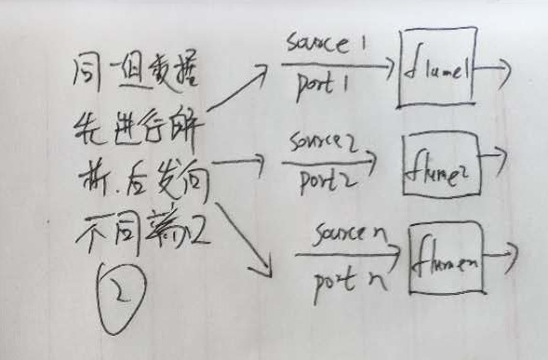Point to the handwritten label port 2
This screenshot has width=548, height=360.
[x=322, y=177]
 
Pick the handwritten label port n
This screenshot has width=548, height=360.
[x=349, y=276]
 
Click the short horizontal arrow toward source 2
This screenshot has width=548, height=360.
[x=239, y=161]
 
